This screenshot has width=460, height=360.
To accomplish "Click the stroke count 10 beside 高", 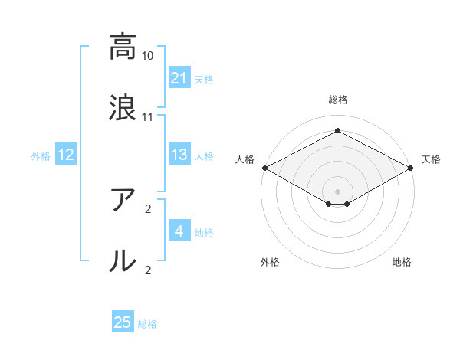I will point(147,56).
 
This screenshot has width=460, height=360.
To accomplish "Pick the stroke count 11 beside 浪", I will point(147,117).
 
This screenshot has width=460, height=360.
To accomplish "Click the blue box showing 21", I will point(179,78).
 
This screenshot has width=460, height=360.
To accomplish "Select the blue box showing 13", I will point(179,155).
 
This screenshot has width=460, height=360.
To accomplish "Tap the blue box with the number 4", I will point(179,231).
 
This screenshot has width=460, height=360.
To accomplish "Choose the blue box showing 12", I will point(65,155).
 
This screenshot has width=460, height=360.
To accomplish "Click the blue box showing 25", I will point(122,322).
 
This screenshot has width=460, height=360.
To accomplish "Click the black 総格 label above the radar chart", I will point(338,100).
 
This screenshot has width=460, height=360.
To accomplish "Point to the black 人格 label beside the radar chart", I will point(245,159).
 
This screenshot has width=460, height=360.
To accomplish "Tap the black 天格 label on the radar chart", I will point(431,159).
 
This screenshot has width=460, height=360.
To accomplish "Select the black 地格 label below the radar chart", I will point(402,262).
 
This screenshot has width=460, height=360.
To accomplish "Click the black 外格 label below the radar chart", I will point(270,262).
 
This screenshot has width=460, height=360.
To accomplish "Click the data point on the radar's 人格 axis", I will point(264,168).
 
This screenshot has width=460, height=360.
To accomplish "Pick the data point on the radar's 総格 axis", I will point(337,130).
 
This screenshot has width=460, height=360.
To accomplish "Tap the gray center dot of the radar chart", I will point(337,191).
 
